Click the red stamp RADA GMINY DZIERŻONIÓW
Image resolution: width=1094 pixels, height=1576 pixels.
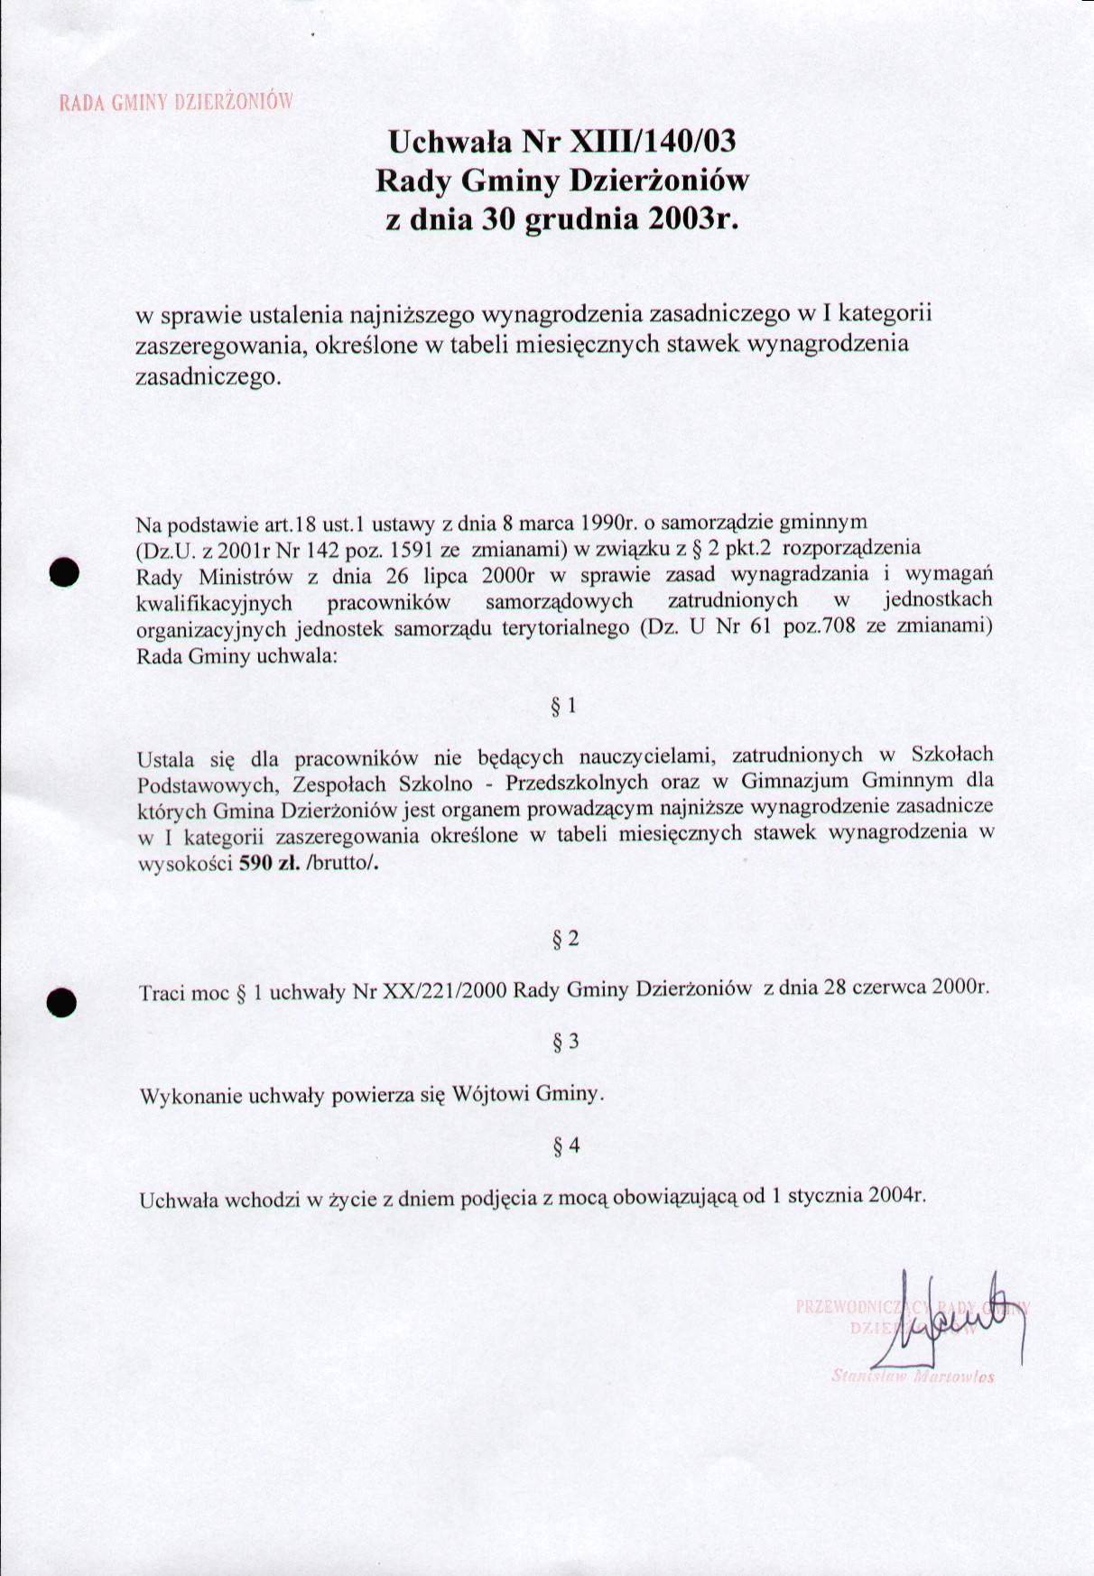[x=176, y=101]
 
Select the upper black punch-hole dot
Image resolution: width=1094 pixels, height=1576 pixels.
[x=65, y=573]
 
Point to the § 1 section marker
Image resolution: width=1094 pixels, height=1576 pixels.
[x=564, y=706]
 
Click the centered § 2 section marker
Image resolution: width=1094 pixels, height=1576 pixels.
[x=565, y=940]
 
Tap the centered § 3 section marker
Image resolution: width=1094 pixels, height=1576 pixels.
[x=565, y=1043]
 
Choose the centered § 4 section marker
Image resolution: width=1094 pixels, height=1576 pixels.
[x=566, y=1147]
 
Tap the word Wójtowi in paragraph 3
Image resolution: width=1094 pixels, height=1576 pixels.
[x=490, y=1095]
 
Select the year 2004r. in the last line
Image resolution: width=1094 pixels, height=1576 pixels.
[x=896, y=1196]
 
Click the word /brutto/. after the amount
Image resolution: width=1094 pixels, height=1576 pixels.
[x=344, y=862]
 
